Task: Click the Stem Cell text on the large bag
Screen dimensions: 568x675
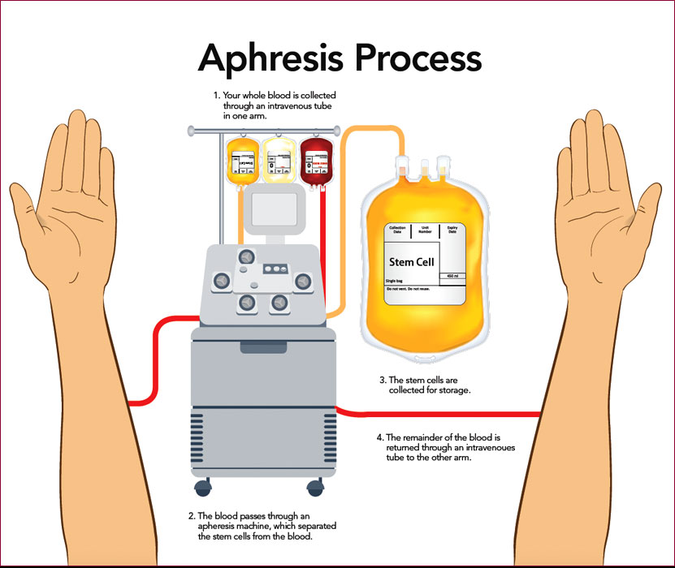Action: pyautogui.click(x=413, y=262)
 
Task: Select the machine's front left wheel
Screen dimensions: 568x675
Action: pyautogui.click(x=201, y=487)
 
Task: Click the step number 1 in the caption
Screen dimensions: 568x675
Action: pyautogui.click(x=216, y=96)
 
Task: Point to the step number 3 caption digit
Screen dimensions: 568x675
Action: pyautogui.click(x=383, y=380)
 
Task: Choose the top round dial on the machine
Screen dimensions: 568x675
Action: pyautogui.click(x=244, y=256)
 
